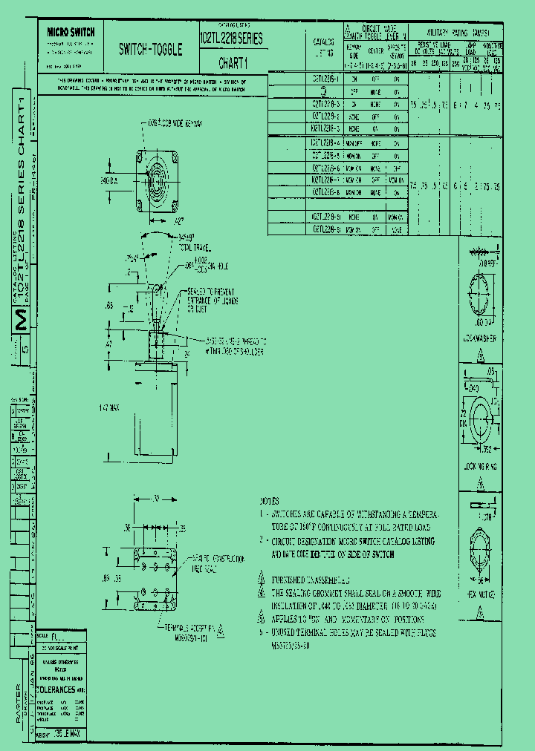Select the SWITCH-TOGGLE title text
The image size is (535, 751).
point(150,50)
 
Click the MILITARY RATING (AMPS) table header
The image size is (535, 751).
point(457,33)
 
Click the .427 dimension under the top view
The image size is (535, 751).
point(178,220)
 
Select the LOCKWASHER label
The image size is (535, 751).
point(479,339)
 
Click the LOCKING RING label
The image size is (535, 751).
point(479,468)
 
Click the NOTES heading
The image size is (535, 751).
point(269,501)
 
